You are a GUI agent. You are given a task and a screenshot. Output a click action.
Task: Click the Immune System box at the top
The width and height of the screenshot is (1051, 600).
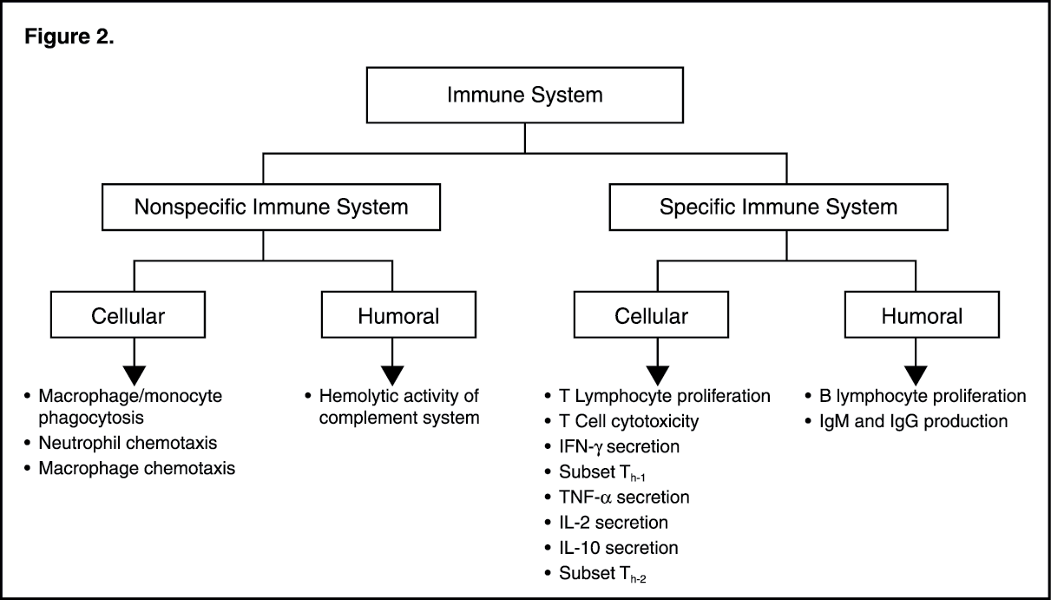click(x=524, y=95)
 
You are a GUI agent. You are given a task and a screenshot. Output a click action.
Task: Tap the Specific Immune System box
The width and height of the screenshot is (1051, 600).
click(x=778, y=208)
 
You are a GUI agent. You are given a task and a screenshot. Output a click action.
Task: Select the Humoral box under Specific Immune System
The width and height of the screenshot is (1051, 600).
click(x=916, y=316)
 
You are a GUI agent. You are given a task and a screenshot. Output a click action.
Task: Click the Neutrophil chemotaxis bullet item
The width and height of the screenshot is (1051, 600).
click(x=128, y=443)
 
